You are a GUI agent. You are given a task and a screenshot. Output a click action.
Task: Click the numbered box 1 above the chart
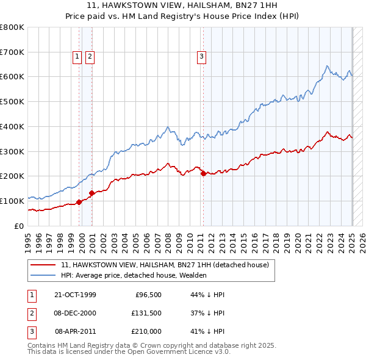(x=77, y=57)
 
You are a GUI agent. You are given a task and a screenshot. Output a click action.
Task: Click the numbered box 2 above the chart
(x=90, y=57)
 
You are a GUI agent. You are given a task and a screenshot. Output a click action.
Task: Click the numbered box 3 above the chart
(x=201, y=57)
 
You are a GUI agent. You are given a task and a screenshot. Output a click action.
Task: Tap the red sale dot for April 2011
(x=203, y=173)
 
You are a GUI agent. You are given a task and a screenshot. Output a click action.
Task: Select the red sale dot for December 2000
(x=91, y=193)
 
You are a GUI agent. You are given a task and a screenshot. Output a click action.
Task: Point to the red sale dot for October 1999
(x=79, y=202)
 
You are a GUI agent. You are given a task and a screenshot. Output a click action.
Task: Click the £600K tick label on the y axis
(x=12, y=77)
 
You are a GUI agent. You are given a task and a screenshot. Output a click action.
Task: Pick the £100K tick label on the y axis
(x=12, y=201)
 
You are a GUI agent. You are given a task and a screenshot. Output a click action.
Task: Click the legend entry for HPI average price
(x=134, y=275)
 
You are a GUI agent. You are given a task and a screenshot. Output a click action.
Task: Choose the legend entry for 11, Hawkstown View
(x=168, y=265)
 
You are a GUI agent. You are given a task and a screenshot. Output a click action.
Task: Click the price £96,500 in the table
(x=147, y=295)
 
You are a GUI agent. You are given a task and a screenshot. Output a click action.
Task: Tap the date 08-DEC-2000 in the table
(x=75, y=313)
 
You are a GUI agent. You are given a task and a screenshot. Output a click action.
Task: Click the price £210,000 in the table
(x=146, y=331)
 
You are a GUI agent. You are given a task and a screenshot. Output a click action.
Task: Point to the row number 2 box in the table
(x=31, y=313)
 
